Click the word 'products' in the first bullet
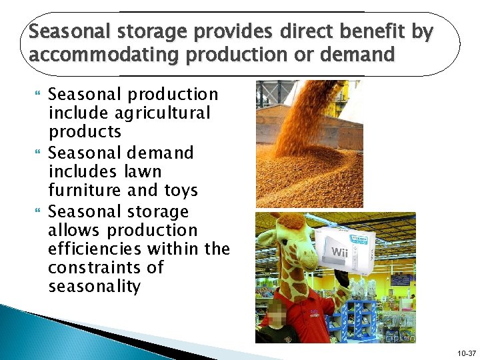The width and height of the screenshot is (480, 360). [85, 131]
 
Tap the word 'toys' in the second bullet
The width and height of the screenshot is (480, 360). [181, 190]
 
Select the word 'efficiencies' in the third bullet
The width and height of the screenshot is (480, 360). [101, 249]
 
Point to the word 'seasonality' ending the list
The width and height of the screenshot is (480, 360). [94, 287]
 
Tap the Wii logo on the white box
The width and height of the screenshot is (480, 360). [339, 253]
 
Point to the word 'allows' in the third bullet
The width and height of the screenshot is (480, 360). [74, 230]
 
